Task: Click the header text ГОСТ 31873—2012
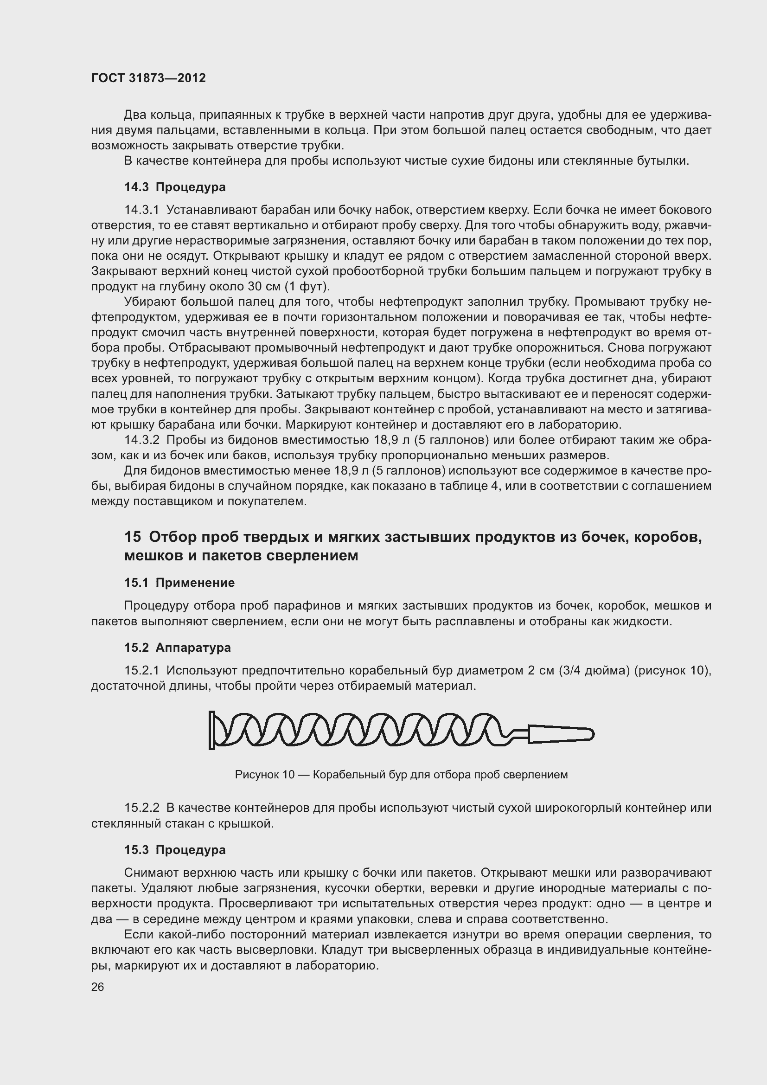point(148,78)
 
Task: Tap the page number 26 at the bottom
point(98,987)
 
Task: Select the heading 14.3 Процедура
point(175,187)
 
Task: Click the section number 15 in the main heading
point(133,537)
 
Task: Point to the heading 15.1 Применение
point(179,583)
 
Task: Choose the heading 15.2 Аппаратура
point(178,648)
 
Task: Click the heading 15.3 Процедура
point(175,850)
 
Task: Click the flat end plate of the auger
point(211,730)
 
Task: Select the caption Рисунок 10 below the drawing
point(264,775)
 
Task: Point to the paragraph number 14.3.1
point(142,210)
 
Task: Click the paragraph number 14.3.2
point(142,440)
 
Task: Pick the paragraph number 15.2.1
point(142,671)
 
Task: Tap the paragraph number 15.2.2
point(142,808)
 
